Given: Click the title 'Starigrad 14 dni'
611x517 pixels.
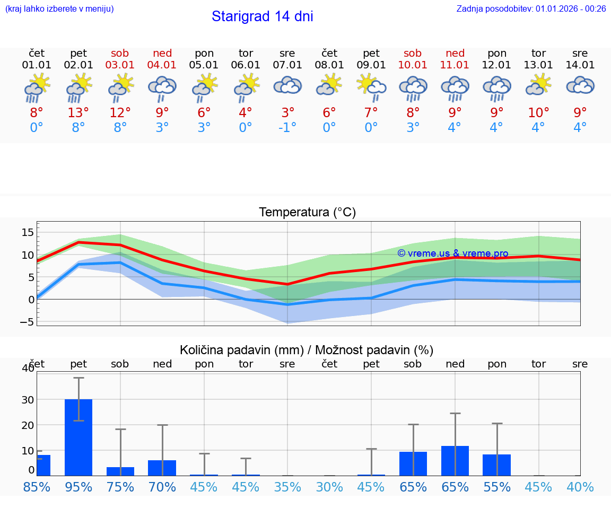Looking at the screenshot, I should (x=262, y=16).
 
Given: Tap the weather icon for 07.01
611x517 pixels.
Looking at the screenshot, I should (x=287, y=86).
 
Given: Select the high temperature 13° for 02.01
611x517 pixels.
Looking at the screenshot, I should (x=78, y=113).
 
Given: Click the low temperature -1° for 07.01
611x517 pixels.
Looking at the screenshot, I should (x=287, y=128).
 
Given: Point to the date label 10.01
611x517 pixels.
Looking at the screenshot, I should (x=413, y=65).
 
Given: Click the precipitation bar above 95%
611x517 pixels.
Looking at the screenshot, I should (x=78, y=437).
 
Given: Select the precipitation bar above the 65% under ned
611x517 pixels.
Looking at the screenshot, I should (x=455, y=460).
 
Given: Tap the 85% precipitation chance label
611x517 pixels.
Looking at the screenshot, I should (x=37, y=487).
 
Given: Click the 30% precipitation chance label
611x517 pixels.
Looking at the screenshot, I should (x=329, y=487).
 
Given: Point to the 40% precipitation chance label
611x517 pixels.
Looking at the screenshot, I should (x=580, y=487).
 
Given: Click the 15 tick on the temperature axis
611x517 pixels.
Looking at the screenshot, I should (x=28, y=232).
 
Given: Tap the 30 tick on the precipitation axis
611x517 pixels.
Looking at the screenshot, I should (x=28, y=399).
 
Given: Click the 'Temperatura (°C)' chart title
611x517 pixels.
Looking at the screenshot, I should (x=307, y=213).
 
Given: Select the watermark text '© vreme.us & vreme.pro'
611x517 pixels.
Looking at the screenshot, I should (x=452, y=253).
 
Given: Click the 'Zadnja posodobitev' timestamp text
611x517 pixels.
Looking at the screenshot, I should (x=531, y=8).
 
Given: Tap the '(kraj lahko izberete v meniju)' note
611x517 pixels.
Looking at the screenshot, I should (x=59, y=8).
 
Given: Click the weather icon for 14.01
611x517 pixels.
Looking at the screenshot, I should (x=580, y=86).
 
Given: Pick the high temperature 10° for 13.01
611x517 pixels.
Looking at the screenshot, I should (x=538, y=113).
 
